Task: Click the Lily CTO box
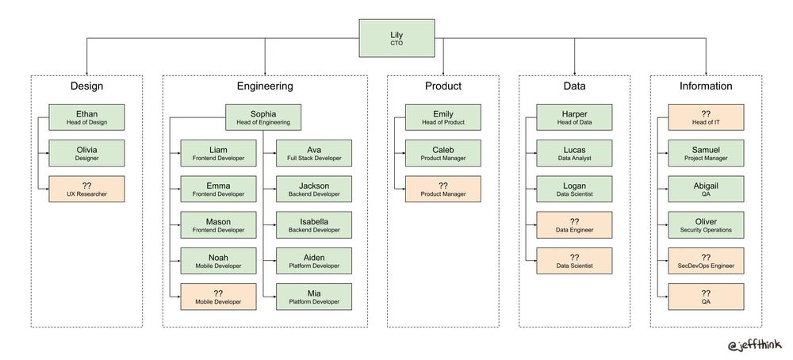(396, 39)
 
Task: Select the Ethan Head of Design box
(87, 117)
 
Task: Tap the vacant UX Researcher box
(87, 189)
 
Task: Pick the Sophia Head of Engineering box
(264, 117)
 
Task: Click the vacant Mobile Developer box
(218, 297)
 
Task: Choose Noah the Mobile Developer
(218, 261)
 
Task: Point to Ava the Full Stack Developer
(313, 153)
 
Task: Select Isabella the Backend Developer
(313, 225)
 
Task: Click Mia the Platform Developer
(313, 297)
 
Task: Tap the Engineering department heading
(265, 86)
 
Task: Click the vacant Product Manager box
(443, 189)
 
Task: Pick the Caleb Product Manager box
(443, 153)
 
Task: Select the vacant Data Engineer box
(574, 225)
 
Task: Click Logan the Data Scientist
(574, 189)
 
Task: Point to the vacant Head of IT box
(706, 117)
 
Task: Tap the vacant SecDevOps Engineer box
(706, 261)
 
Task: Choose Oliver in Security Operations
(706, 225)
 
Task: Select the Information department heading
(706, 86)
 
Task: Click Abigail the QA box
(706, 189)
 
